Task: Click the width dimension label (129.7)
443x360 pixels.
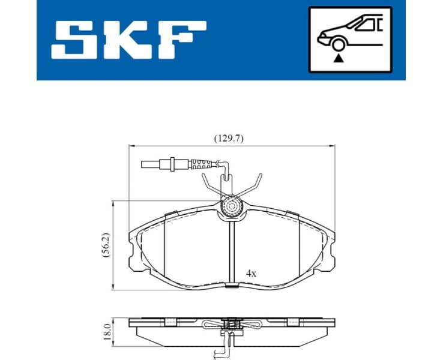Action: pyautogui.click(x=229, y=137)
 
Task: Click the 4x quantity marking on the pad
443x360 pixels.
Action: pyautogui.click(x=251, y=273)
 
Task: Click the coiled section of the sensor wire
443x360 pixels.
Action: pyautogui.click(x=205, y=163)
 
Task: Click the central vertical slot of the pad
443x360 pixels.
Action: pyautogui.click(x=232, y=252)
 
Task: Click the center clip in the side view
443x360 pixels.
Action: pyautogui.click(x=231, y=326)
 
